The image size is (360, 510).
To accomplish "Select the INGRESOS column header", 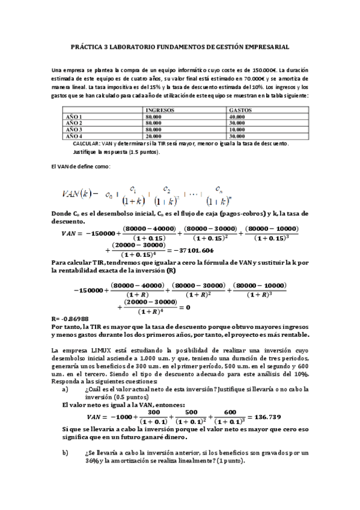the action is click(160, 111).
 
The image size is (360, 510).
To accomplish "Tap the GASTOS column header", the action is click(241, 111).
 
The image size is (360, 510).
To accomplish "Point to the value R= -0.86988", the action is click(70, 318).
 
